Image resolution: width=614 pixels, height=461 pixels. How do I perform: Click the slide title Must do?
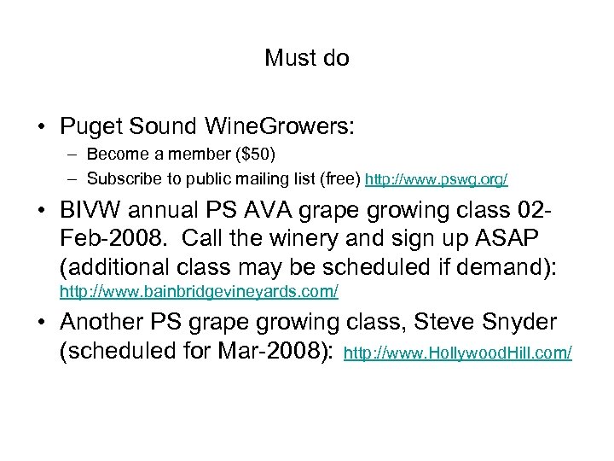tap(306, 58)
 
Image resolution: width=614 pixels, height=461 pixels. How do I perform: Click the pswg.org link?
tap(437, 179)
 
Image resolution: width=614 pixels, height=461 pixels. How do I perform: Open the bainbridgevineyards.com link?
tap(199, 292)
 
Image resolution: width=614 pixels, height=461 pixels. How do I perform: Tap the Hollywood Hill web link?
tap(457, 352)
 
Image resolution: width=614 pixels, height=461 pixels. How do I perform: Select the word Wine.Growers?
tap(280, 126)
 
